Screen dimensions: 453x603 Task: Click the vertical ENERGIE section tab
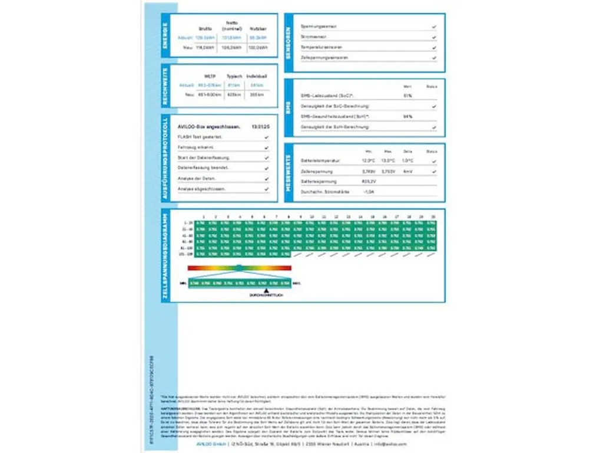pos(165,35)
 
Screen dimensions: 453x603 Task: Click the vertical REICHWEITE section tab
pos(165,86)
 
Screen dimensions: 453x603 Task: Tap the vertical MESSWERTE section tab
pos(289,173)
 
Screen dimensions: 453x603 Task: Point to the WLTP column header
pos(209,76)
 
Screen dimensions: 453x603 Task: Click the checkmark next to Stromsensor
pos(433,37)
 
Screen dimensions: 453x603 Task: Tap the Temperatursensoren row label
pos(321,47)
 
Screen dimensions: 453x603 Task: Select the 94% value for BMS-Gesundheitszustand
pos(407,116)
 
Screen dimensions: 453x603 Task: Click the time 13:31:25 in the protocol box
pos(260,127)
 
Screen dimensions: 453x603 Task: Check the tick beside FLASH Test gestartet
pos(267,137)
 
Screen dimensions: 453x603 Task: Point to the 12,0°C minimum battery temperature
pos(369,160)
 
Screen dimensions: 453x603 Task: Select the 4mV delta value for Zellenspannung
pos(407,171)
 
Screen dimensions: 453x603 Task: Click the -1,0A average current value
pos(369,192)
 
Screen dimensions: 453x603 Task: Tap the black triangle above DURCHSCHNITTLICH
pos(267,291)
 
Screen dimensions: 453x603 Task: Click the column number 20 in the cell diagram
pos(433,217)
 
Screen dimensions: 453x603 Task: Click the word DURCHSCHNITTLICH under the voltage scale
pos(267,296)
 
